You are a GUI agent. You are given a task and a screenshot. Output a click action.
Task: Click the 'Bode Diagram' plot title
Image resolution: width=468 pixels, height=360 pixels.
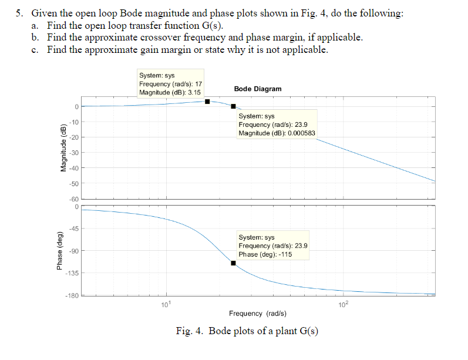tap(257, 89)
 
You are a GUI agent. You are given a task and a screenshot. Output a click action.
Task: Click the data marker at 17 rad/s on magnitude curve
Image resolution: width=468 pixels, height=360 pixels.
tap(207, 101)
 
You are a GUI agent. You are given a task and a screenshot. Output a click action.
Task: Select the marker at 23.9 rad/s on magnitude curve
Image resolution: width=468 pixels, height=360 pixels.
tap(233, 106)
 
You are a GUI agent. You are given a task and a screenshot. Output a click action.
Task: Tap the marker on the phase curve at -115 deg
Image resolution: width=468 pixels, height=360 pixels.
tap(233, 263)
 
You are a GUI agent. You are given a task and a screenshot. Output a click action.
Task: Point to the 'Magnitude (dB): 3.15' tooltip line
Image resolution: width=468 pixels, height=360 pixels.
tap(170, 92)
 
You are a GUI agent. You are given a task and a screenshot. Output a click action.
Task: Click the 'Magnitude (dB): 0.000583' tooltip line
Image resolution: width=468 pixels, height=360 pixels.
tap(277, 133)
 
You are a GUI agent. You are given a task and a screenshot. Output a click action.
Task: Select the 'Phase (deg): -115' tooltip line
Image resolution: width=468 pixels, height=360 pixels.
tap(265, 254)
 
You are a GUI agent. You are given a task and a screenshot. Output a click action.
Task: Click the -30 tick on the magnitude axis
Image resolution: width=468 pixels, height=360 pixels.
tap(73, 153)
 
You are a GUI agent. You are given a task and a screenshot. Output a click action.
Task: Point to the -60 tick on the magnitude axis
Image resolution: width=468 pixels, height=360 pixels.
tap(73, 200)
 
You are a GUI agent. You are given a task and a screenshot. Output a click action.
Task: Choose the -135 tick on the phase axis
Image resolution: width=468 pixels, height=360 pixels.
tap(71, 273)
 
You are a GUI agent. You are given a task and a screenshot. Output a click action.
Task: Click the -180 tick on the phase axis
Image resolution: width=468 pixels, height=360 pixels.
tap(71, 295)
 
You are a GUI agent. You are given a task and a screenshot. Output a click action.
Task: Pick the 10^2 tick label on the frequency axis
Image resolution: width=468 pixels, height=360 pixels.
tap(344, 304)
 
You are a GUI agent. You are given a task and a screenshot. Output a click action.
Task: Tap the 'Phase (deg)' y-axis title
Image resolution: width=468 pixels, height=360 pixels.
tap(60, 252)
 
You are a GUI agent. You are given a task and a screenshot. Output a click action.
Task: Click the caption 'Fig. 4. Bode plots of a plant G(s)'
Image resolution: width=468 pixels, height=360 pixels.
tap(247, 331)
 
